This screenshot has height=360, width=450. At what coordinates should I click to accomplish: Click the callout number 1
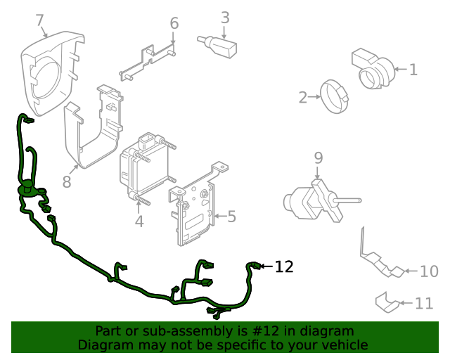click(x=413, y=69)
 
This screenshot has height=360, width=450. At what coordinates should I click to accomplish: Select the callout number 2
click(x=303, y=98)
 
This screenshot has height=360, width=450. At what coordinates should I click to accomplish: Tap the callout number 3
click(x=225, y=17)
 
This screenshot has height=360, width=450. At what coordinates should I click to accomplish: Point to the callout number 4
click(x=139, y=221)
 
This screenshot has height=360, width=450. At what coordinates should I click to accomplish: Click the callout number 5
click(x=231, y=216)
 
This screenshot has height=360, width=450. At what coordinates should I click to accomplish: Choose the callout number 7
click(x=39, y=20)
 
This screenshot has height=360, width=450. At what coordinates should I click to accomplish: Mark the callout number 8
click(x=67, y=182)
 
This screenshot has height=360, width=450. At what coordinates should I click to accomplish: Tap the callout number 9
click(x=318, y=157)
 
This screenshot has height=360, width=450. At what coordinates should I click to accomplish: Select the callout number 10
click(x=429, y=271)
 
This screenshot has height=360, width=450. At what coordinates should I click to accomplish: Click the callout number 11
click(x=424, y=303)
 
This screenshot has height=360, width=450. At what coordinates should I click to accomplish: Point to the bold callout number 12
click(x=283, y=266)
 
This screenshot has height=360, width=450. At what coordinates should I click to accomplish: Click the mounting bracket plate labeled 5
click(x=197, y=211)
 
